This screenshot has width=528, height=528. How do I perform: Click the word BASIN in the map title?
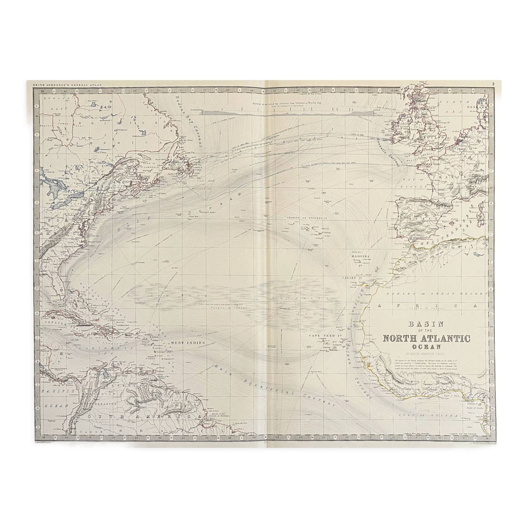tap(425, 324)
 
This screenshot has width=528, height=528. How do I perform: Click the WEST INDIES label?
tap(188, 343)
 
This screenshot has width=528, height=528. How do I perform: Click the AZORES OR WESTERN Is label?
tap(307, 218)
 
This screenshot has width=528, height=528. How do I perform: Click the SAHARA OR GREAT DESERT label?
tap(437, 294)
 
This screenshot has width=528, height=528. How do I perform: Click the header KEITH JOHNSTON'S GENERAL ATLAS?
tap(67, 85)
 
